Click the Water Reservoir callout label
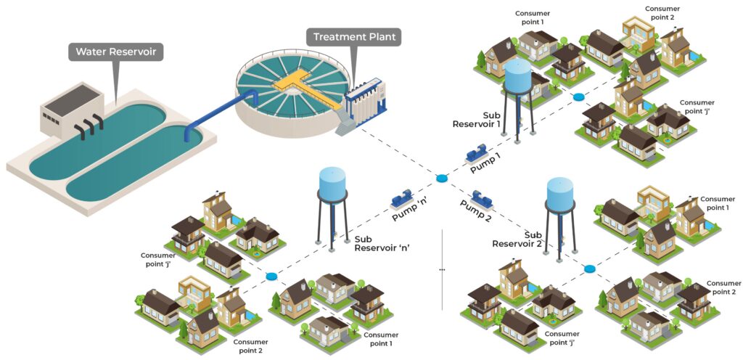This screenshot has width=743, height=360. [116, 52]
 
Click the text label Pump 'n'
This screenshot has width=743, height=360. [410, 213]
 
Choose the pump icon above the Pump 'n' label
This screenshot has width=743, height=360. [401, 198]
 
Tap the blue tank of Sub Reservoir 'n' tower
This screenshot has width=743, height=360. [332, 183]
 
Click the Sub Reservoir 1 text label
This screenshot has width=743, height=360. [477, 120]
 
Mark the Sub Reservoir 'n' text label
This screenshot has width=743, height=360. [382, 243]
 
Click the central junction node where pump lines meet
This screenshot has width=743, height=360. [441, 179]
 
